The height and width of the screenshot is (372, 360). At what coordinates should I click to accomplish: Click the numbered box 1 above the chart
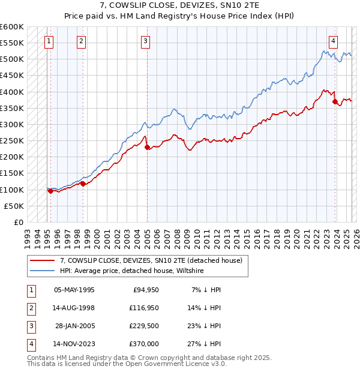pyautogui.click(x=48, y=41)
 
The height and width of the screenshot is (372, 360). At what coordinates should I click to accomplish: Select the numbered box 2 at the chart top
pyautogui.click(x=81, y=41)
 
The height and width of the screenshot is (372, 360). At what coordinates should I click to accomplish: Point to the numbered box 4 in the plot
pyautogui.click(x=332, y=41)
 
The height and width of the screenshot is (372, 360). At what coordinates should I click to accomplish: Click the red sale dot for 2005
pyautogui.click(x=147, y=147)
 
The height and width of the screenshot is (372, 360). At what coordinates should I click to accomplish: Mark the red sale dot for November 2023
pyautogui.click(x=334, y=102)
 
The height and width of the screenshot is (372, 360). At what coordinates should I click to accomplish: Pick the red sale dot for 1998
pyautogui.click(x=83, y=184)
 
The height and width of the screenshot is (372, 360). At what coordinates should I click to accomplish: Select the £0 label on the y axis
pyautogui.click(x=19, y=222)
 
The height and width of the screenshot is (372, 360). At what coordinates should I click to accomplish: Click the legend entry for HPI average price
pyautogui.click(x=132, y=271)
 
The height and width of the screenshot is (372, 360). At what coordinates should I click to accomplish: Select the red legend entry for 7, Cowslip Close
pyautogui.click(x=151, y=261)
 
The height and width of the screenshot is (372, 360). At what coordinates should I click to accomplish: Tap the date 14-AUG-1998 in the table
pyautogui.click(x=74, y=308)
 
